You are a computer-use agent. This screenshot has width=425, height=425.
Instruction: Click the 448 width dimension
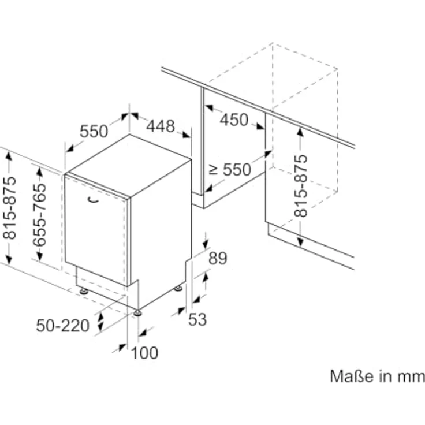(x=161, y=126)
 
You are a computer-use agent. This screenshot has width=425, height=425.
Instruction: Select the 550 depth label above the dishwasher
(x=94, y=132)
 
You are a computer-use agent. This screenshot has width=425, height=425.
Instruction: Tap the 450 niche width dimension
(x=234, y=120)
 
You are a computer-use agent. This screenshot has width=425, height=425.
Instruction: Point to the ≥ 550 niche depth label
(x=230, y=170)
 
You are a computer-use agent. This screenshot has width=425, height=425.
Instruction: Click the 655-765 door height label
(x=39, y=215)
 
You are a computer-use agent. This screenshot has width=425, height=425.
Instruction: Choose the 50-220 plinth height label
(x=62, y=326)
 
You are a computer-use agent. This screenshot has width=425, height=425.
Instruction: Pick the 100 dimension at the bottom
(x=144, y=353)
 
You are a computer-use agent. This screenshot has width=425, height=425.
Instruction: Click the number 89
(x=218, y=258)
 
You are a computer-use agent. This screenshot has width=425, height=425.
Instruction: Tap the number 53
(x=197, y=319)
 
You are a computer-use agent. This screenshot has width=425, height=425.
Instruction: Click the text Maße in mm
(x=377, y=376)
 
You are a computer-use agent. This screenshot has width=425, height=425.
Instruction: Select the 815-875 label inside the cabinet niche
(x=301, y=186)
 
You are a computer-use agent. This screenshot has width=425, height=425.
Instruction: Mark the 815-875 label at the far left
(x=9, y=208)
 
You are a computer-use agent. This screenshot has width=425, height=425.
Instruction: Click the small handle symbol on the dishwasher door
(x=92, y=200)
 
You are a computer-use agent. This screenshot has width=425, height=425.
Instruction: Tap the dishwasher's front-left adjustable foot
(x=84, y=291)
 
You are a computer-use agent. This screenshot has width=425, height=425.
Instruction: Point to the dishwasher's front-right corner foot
(x=137, y=313)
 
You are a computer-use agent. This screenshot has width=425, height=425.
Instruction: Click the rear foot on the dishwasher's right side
(x=178, y=288)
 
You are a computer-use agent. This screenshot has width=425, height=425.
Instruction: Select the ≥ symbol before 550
(x=213, y=170)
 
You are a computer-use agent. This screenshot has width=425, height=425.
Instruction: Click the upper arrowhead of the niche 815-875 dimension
(x=300, y=132)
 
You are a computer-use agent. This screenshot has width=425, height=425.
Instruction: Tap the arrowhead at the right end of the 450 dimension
(x=260, y=126)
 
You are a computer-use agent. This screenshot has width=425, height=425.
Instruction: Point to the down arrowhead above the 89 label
(x=206, y=244)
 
